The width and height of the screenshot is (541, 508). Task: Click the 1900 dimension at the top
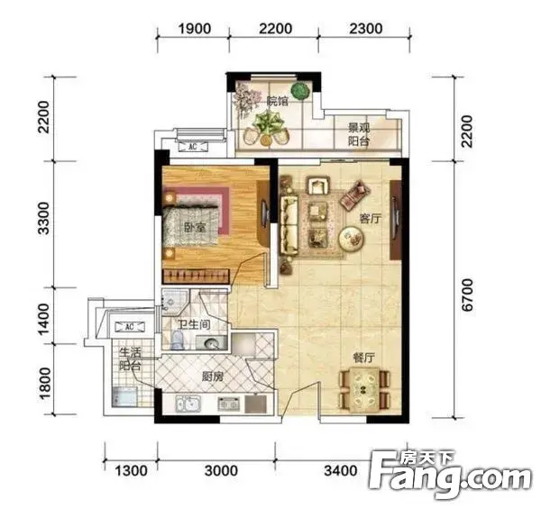(194, 29)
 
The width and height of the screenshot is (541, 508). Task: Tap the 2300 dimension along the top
(366, 29)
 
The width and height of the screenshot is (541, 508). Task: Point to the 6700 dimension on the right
(467, 295)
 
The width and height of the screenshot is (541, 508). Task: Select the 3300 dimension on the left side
(44, 218)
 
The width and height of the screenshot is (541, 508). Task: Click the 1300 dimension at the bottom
(131, 470)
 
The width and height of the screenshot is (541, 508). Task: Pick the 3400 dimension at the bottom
(341, 470)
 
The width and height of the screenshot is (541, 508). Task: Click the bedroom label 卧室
(195, 228)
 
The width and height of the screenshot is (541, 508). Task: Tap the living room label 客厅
(371, 218)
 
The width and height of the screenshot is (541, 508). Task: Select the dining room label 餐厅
(363, 358)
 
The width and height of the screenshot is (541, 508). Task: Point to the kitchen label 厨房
(213, 377)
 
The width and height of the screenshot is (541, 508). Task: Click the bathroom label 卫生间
(194, 324)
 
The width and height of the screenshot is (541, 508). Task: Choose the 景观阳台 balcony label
(359, 134)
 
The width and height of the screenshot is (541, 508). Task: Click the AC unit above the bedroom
(193, 147)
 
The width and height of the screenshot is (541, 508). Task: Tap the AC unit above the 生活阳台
(129, 326)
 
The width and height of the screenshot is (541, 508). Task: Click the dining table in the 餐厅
(364, 389)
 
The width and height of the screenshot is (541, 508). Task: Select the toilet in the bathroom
(177, 340)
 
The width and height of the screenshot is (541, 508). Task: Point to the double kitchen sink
(188, 404)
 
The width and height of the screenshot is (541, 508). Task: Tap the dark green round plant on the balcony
(299, 91)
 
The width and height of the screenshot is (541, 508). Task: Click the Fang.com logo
(450, 474)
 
